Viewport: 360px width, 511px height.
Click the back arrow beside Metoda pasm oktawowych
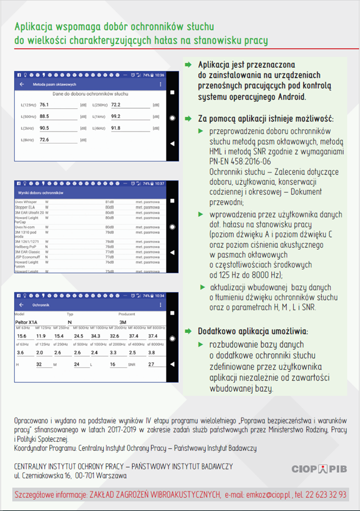pos(22,85)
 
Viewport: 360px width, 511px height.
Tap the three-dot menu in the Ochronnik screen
pos(160,304)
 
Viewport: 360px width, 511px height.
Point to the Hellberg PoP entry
pos(26,245)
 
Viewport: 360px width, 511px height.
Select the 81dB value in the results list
pos(110,202)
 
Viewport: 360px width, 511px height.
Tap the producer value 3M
pos(123,322)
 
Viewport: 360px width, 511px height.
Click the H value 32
pos(39,364)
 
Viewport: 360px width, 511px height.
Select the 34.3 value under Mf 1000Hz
pos(97,336)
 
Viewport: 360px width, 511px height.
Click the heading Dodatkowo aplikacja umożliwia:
pos(253,331)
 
